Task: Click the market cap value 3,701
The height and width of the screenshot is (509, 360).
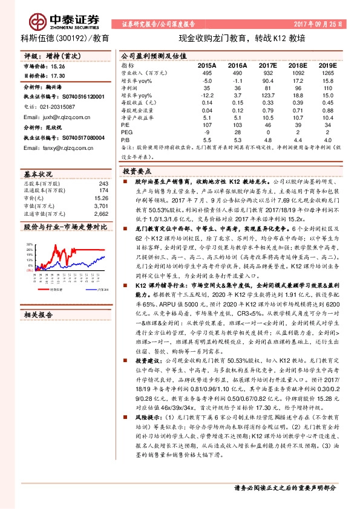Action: pos(101,206)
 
